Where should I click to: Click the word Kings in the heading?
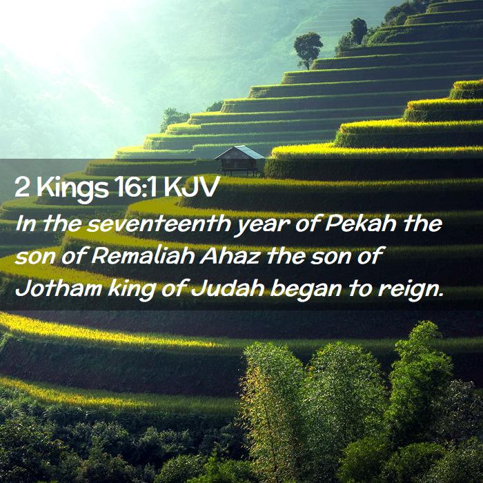coord(72,188)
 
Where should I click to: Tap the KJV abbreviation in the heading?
coord(191,187)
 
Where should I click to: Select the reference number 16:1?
coord(135,187)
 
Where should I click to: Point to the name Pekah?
coord(360,224)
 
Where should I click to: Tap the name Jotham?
coord(58,288)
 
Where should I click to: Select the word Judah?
coord(227,288)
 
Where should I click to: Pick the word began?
coord(306,290)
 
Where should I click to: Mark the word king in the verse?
coord(131,290)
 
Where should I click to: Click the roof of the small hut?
coord(239,152)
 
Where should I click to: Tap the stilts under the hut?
coord(239,172)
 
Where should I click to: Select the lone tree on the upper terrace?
coord(308,49)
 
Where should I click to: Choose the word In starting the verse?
coord(27,224)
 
